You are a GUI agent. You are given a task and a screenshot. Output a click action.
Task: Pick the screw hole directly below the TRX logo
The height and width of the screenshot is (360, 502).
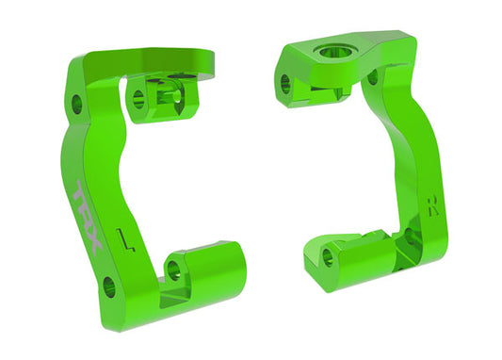110,283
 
